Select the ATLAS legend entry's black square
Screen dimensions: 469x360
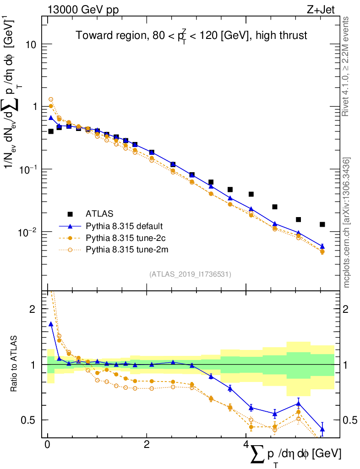[x=70, y=213]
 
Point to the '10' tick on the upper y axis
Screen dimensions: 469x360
[x=31, y=44]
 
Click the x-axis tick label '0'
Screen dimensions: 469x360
[x=47, y=444]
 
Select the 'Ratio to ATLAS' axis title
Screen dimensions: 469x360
[x=16, y=364]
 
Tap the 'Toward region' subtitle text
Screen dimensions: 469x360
[x=191, y=36]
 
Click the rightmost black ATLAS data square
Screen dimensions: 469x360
[x=322, y=224]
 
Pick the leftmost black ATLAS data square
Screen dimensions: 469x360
[x=51, y=131]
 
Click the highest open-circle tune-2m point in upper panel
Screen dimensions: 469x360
[x=51, y=99]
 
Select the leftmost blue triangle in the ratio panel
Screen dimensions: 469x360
[x=51, y=324]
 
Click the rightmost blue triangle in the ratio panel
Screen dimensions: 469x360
[x=322, y=429]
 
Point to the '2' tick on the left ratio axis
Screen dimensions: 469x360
[x=32, y=309]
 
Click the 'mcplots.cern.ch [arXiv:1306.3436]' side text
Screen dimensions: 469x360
[x=347, y=222]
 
